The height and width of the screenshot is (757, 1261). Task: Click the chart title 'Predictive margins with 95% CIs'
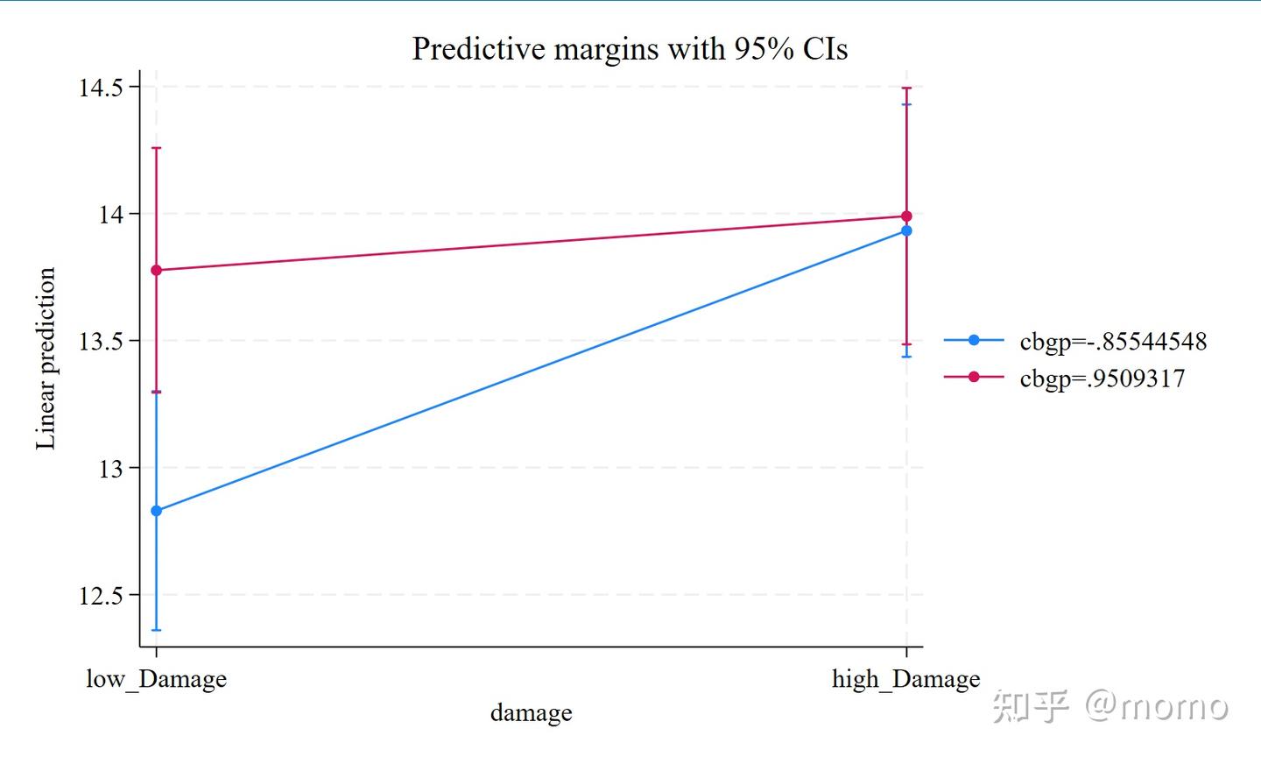click(630, 49)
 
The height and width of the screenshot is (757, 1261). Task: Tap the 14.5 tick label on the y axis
click(100, 88)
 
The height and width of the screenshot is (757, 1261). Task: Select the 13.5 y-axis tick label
click(100, 342)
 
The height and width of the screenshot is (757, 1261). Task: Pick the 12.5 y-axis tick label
click(100, 596)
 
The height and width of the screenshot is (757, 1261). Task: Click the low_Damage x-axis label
click(156, 679)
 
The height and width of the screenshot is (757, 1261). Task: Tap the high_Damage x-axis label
click(905, 679)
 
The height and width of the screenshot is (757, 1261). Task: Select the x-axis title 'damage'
click(531, 713)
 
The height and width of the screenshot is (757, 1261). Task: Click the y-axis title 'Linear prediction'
click(46, 358)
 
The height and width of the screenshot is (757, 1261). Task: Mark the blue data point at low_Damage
click(157, 511)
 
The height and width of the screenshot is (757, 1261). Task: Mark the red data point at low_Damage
click(157, 270)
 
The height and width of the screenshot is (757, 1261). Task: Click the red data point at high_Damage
click(906, 216)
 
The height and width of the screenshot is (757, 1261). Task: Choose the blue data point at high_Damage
click(906, 230)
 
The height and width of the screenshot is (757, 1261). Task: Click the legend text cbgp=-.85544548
click(1113, 342)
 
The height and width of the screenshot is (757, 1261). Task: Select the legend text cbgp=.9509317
click(1102, 378)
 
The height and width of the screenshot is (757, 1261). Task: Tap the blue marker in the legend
click(974, 340)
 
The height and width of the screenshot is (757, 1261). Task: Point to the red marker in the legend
click(974, 377)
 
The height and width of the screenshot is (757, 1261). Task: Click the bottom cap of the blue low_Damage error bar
click(157, 630)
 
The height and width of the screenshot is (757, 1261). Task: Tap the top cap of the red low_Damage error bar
click(157, 148)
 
